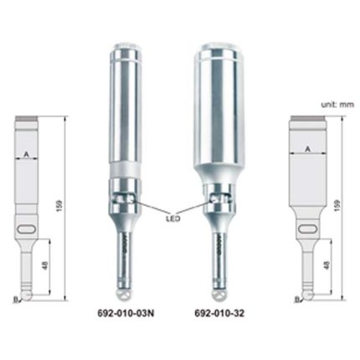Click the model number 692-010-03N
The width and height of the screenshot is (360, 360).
point(126,313)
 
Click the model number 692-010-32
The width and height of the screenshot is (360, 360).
point(219,313)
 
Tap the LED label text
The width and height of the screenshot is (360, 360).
point(173,219)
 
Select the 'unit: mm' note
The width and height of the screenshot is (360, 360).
point(337,105)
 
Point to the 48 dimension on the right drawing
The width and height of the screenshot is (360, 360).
point(327,265)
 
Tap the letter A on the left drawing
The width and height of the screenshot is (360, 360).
point(27,154)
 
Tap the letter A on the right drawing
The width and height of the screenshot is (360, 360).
point(308,149)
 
